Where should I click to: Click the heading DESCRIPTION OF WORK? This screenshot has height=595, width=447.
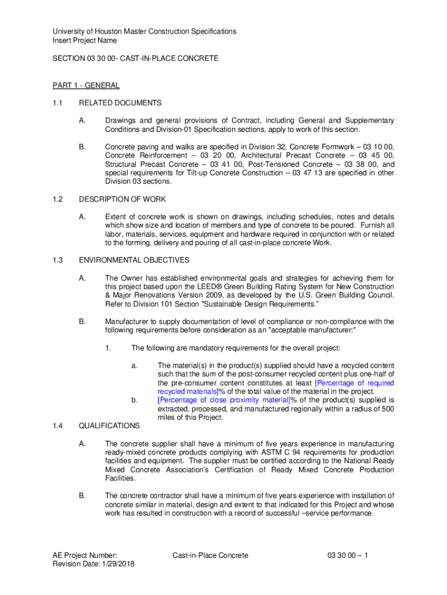coord(122,199)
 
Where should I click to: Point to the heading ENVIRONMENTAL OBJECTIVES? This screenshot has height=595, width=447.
coord(134,260)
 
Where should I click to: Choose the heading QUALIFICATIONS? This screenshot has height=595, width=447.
coord(109,426)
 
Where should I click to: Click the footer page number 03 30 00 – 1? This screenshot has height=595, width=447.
coord(348,555)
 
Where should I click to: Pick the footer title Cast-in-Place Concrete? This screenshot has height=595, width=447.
coord(210,555)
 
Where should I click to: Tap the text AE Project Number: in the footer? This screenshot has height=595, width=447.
coord(85,555)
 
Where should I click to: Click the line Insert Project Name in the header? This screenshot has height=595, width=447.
coord(85,41)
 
